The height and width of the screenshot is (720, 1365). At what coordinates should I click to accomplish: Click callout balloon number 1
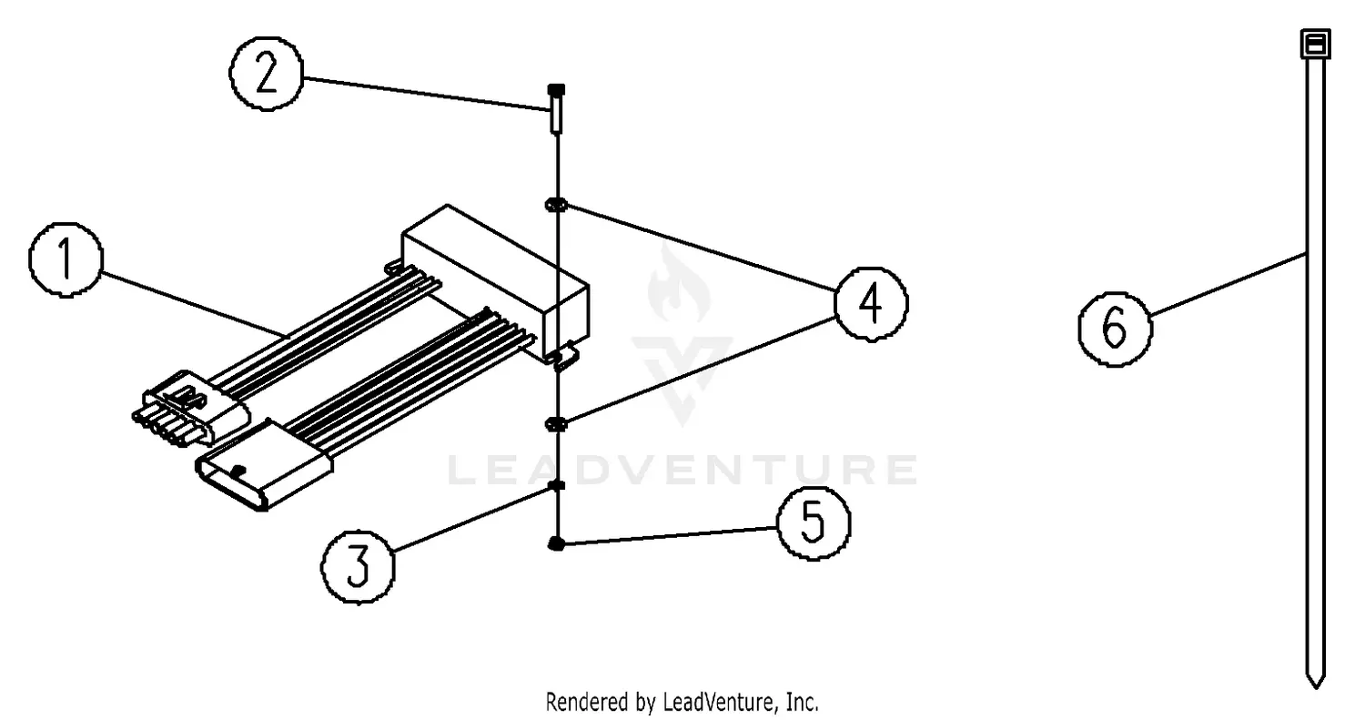66,260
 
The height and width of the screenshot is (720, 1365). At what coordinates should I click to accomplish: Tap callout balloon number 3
358,566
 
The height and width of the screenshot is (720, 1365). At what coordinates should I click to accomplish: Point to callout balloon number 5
813,523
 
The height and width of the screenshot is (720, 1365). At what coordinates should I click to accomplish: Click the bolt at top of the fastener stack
556,107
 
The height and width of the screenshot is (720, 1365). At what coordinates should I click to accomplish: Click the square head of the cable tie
1314,44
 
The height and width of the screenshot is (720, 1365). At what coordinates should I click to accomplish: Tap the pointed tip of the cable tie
1314,679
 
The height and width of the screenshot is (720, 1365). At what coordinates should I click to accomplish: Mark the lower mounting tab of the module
564,357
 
